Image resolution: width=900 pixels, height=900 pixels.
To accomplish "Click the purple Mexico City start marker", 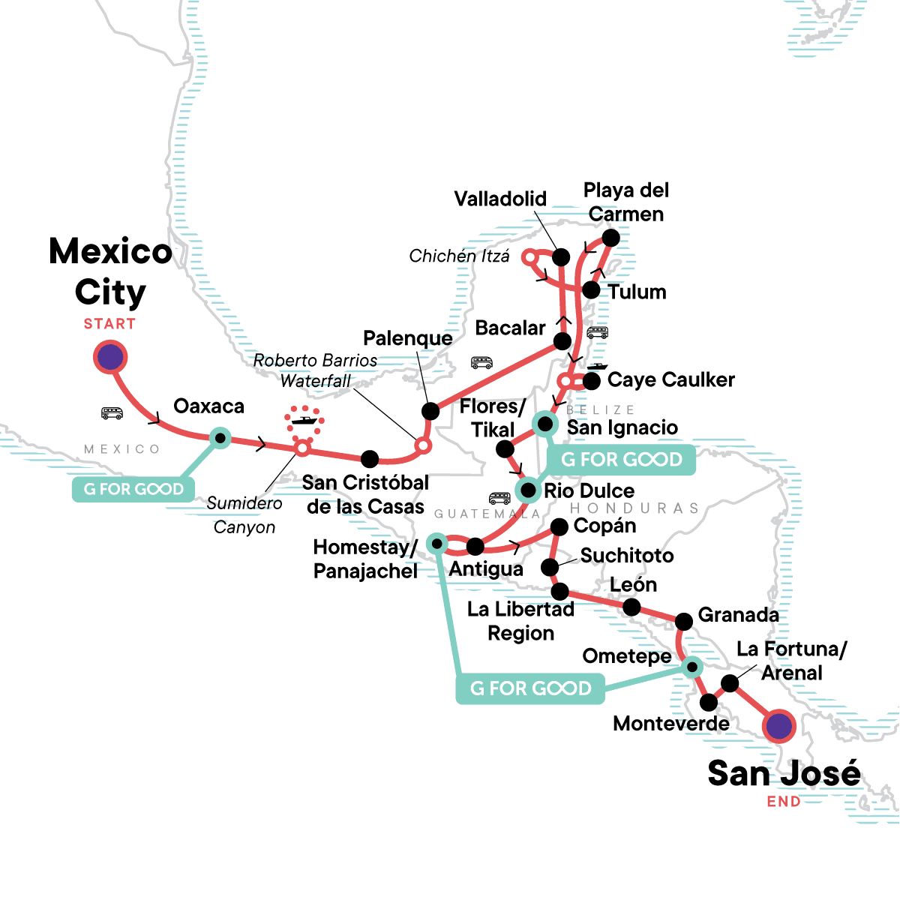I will [110, 358].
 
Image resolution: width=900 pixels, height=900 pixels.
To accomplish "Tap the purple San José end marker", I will [778, 726].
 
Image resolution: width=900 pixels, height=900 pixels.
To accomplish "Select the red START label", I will [109, 324].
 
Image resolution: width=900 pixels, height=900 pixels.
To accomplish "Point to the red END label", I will [784, 802].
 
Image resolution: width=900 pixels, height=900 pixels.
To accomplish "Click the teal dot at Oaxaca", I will [220, 437].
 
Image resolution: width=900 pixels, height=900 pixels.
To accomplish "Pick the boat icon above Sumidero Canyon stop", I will [304, 420].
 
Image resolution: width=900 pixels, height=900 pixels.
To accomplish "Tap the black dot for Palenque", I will [430, 411].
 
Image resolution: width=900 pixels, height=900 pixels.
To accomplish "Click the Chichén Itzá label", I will [459, 256].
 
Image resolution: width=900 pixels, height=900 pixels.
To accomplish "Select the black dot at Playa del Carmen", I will [611, 238].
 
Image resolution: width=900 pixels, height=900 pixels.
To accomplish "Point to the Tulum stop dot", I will [591, 290].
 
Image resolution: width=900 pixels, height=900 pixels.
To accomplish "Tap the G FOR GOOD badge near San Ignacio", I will [622, 459].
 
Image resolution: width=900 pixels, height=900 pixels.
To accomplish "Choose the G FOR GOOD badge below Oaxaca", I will [133, 490].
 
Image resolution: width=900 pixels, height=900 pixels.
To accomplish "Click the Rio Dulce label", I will [589, 490].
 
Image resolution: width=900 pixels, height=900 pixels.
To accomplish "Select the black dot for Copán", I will [559, 528].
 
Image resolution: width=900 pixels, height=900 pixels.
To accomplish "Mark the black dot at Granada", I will [684, 621].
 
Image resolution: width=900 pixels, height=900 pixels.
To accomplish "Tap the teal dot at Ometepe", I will [692, 666].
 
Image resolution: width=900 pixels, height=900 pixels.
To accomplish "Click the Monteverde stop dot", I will [709, 703].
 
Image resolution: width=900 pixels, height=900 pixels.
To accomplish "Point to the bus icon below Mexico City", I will [112, 413].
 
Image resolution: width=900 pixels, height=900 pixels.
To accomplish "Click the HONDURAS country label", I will [634, 508].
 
